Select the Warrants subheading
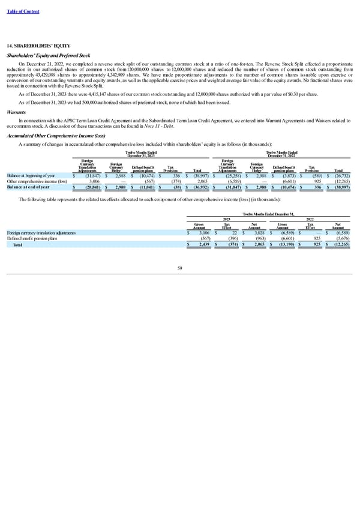[17, 110]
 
